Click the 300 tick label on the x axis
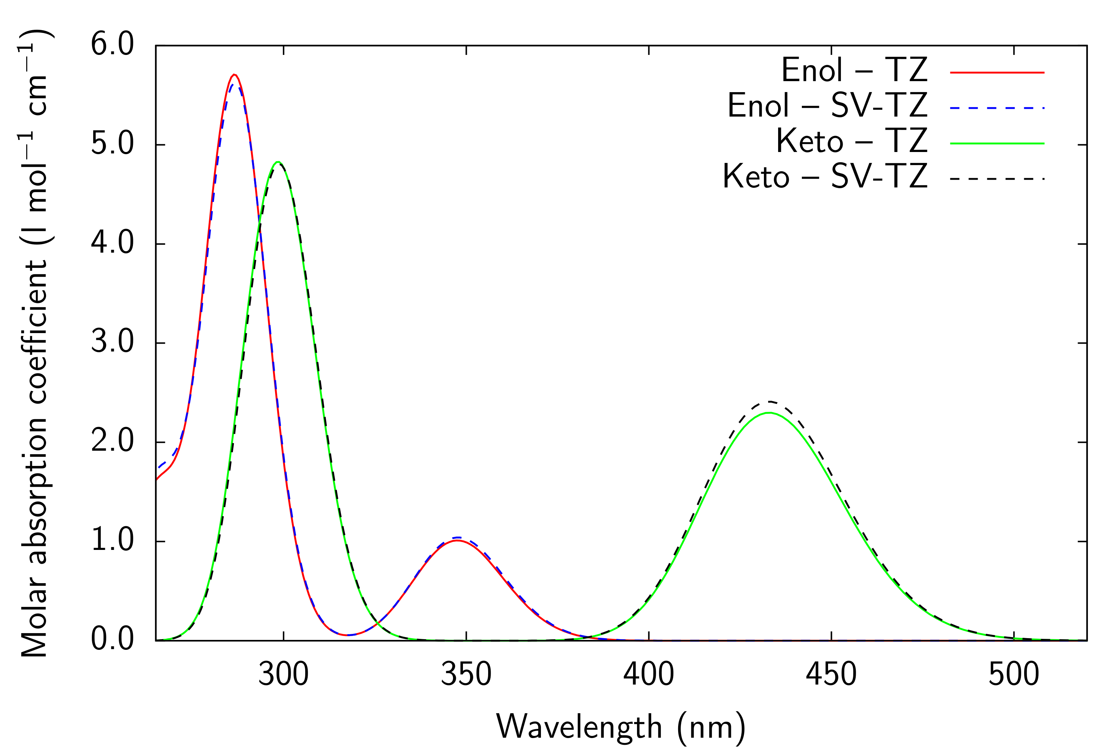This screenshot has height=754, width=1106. (283, 675)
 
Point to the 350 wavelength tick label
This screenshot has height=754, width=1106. (466, 675)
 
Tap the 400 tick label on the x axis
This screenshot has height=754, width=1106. (649, 675)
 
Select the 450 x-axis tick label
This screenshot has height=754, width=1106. (831, 675)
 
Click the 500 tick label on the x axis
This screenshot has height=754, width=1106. (1014, 675)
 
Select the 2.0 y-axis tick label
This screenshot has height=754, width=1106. (112, 441)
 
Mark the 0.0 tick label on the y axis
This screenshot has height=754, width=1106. (112, 640)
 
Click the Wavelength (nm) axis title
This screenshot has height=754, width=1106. (621, 728)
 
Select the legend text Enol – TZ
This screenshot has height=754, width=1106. (854, 71)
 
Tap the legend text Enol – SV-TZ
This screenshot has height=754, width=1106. (827, 106)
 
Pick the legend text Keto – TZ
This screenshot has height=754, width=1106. (851, 141)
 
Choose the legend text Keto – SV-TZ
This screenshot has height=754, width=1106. (825, 177)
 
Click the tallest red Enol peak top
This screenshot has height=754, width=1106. (234, 75)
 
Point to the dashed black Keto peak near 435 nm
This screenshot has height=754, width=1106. (769, 402)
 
